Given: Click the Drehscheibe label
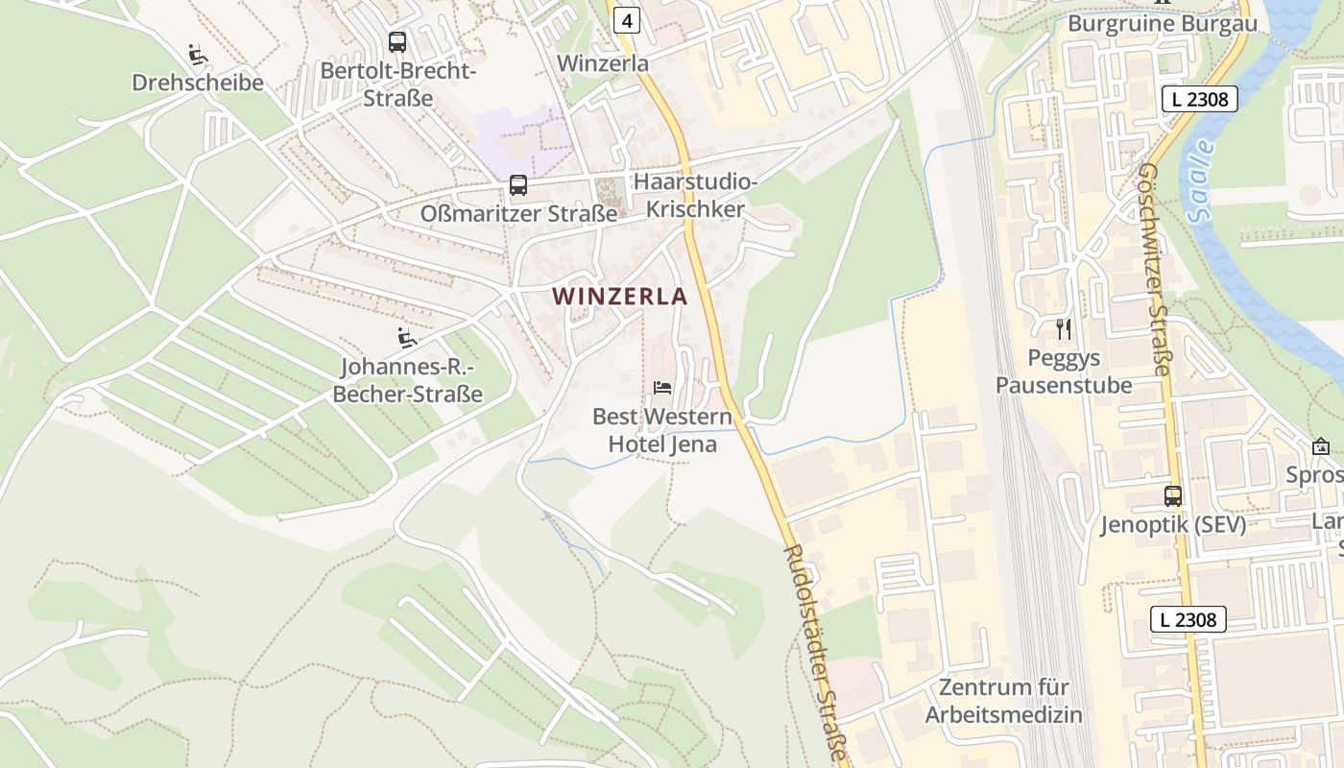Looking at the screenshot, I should [198, 83].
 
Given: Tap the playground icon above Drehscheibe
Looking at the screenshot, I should [199, 55].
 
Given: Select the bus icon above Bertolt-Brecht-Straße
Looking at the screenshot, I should [397, 42].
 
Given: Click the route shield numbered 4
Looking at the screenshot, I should [627, 19].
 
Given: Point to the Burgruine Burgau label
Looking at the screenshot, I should [1162, 24].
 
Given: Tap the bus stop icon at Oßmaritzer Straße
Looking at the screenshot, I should [518, 185].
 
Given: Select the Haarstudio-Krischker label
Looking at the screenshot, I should [689, 196].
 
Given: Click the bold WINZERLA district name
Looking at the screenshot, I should [620, 297].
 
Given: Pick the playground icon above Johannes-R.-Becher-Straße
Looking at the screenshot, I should [408, 338].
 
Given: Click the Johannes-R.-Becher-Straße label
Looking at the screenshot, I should [412, 381].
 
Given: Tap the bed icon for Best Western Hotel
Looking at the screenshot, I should [662, 388].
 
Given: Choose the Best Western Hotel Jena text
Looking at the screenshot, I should [662, 431].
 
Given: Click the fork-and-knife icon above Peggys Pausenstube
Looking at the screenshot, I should [1064, 329].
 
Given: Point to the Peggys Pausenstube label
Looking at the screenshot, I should [1064, 372].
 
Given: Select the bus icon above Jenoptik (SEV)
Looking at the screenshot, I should [1173, 496].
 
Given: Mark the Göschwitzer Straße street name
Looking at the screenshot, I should [1155, 269].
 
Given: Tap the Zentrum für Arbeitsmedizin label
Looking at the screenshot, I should [1004, 701].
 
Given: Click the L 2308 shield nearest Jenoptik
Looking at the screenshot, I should [1188, 619].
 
